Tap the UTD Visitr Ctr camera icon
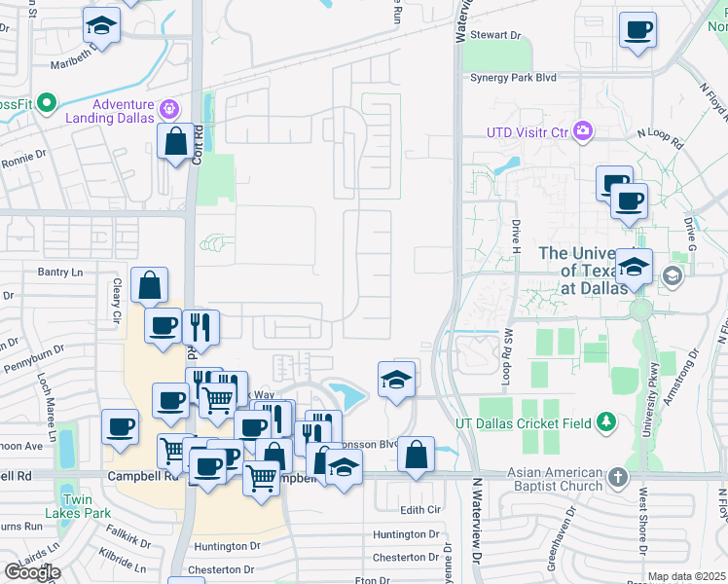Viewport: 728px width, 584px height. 584,130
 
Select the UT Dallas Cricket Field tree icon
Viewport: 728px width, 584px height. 607,421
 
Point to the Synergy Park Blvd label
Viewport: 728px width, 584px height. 513,77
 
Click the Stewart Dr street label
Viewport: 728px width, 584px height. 496,35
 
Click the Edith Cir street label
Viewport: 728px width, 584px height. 420,510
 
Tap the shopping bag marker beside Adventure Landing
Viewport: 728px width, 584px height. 175,142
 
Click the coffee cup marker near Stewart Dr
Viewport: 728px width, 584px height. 638,31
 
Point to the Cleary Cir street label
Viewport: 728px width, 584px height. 115,301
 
